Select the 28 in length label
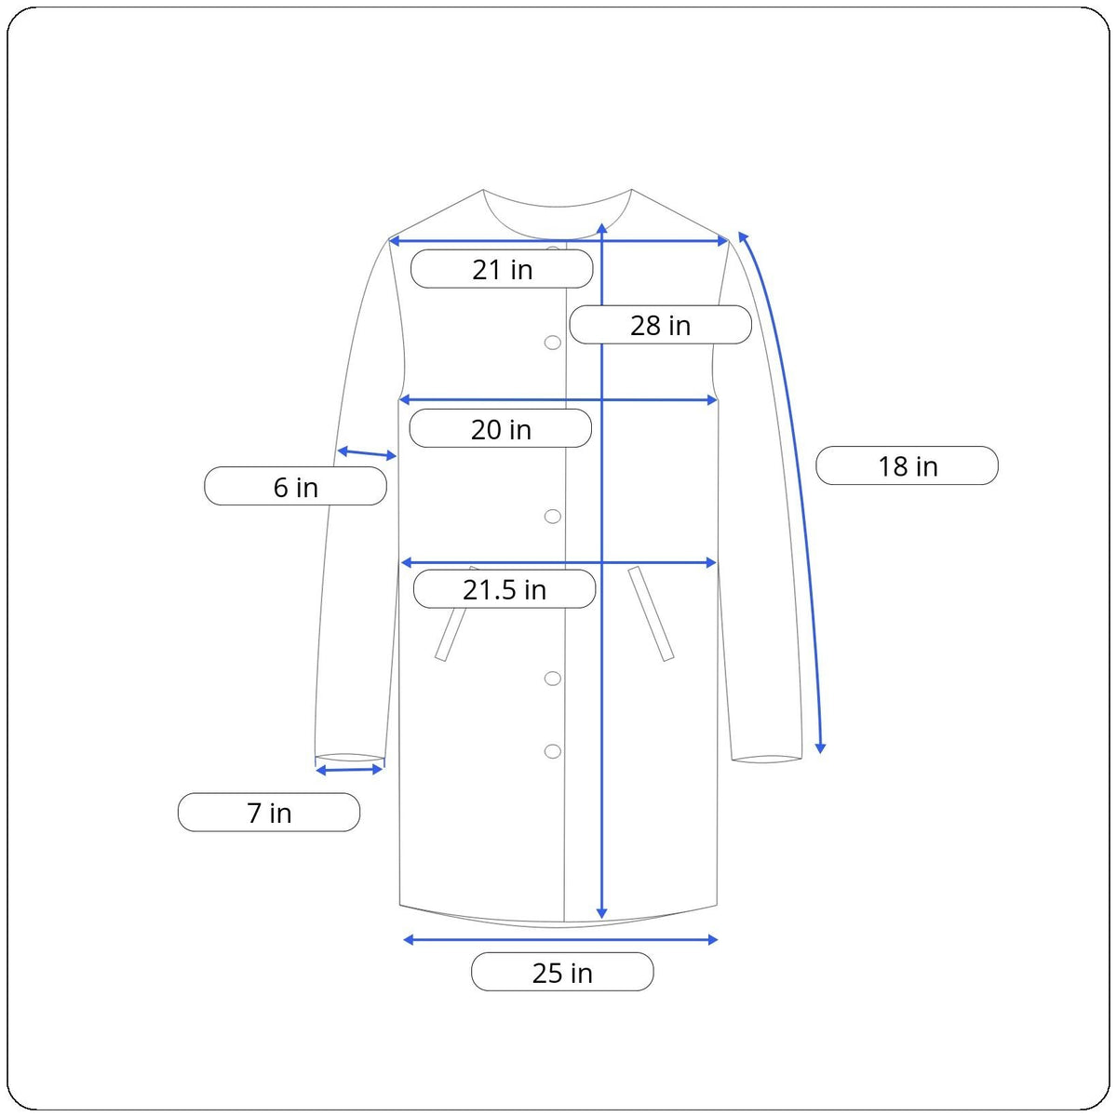tap(660, 325)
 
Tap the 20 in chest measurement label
tap(500, 428)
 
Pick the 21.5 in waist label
tap(505, 589)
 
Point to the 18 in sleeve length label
tap(907, 465)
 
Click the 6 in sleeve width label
tap(296, 486)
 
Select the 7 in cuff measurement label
tap(269, 812)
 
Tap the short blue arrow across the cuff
tap(349, 770)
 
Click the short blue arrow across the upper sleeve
tap(367, 453)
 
